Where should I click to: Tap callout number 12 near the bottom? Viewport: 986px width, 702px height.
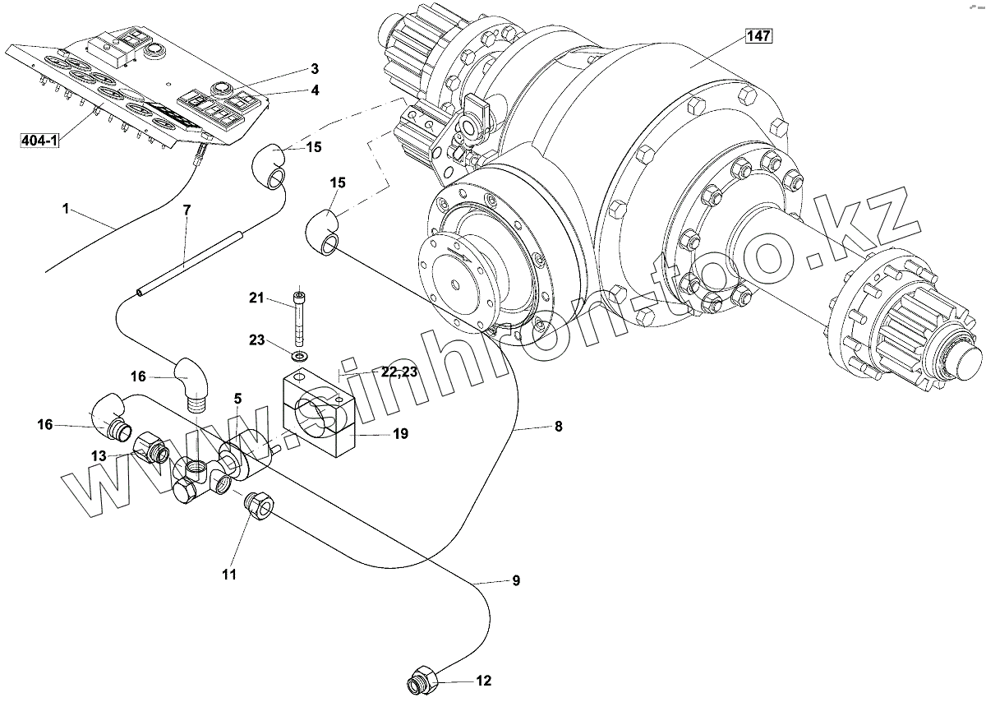[x=483, y=681]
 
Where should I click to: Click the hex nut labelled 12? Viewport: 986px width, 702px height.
[x=421, y=681]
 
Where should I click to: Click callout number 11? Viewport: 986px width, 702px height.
[x=228, y=575]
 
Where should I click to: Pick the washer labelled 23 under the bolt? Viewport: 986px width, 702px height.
[x=300, y=356]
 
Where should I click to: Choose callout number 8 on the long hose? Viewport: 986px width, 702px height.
[x=558, y=427]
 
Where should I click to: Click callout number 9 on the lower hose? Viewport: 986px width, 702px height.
[x=516, y=580]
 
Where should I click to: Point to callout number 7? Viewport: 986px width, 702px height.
[x=187, y=210]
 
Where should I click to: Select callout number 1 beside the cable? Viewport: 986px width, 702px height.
[x=66, y=208]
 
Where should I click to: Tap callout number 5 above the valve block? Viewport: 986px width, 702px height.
[x=237, y=399]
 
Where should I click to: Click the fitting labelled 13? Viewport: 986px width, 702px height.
[x=152, y=448]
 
